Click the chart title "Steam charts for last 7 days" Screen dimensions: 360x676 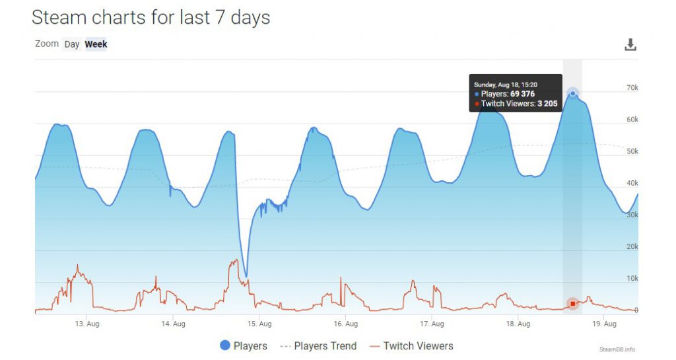coord(151,18)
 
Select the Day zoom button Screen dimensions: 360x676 coord(71,44)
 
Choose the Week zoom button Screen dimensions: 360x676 coord(96,44)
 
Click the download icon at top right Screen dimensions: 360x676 coord(630,45)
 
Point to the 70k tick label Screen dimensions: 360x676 coord(632,88)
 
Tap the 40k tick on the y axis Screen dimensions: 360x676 coord(632,183)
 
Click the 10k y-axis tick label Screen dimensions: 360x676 coord(632,278)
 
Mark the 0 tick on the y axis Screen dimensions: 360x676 coord(636,310)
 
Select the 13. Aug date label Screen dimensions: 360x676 coord(88,324)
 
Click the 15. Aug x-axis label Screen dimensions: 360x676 coord(259,324)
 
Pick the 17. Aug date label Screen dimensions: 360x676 coord(432,324)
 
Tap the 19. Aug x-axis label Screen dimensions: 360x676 coord(604,324)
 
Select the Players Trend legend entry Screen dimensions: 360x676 coord(318,345)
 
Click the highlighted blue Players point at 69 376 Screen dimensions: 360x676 coord(573,93)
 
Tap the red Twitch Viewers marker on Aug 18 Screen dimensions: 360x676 coord(573,304)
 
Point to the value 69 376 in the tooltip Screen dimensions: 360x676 coord(522,94)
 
